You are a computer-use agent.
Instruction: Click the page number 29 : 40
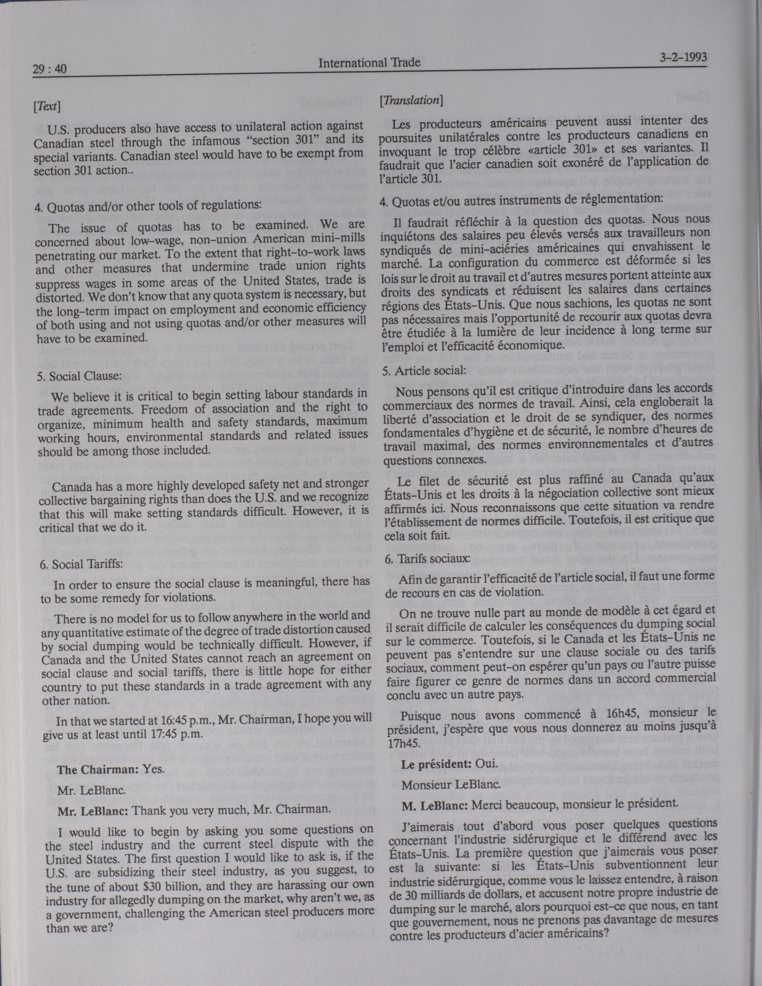pyautogui.click(x=50, y=69)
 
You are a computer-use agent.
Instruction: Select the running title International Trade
pyautogui.click(x=369, y=63)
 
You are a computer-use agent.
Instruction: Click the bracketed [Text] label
pyautogui.click(x=47, y=107)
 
